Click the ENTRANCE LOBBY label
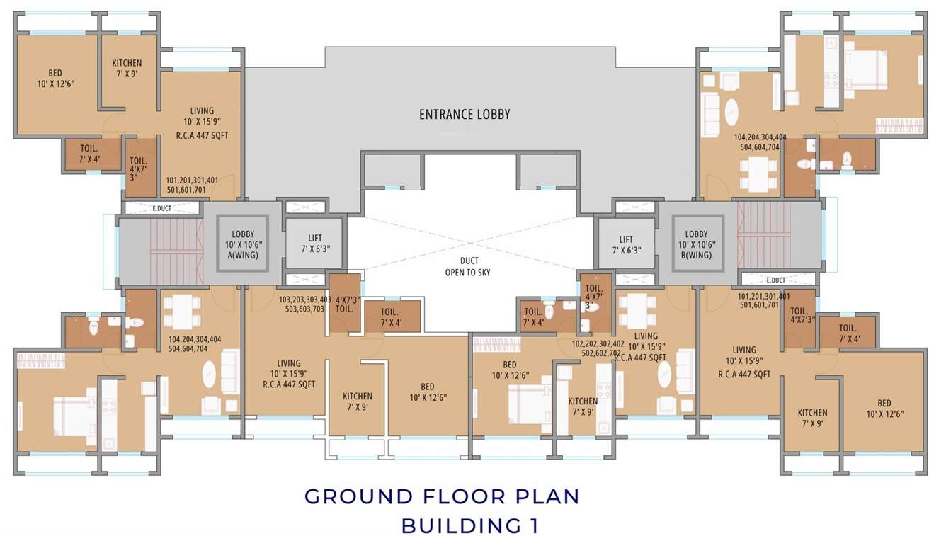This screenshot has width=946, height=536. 464,114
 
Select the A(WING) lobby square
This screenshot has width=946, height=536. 243,244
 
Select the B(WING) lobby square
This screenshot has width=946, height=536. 696,244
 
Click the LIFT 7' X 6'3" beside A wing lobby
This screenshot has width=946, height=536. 314,244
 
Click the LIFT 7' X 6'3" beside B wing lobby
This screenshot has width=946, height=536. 625,244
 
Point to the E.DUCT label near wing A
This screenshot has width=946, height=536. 162,208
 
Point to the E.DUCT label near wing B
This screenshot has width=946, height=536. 776,280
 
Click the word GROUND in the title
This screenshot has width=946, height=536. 358,496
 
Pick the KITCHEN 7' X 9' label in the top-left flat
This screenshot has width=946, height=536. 127,68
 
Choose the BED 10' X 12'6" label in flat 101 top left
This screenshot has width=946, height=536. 55,78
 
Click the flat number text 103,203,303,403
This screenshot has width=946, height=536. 305,304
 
